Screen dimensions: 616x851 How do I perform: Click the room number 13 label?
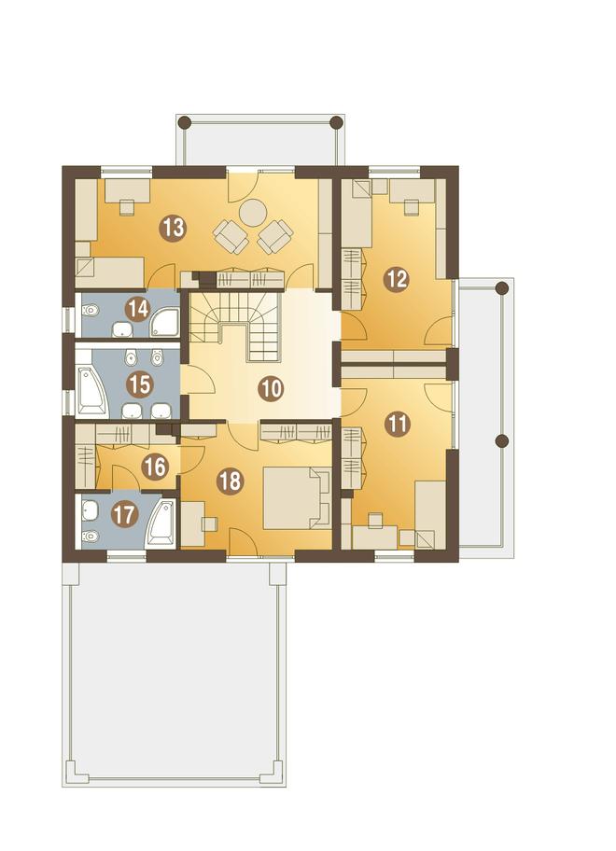click(x=173, y=228)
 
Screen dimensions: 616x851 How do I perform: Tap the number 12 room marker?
click(x=397, y=280)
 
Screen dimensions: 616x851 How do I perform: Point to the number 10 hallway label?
click(x=271, y=388)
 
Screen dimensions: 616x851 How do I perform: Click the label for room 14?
click(x=137, y=310)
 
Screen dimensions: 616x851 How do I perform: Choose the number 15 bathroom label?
click(x=139, y=384)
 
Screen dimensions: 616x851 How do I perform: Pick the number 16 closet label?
click(x=155, y=467)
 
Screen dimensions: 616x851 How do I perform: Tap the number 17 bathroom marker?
click(x=124, y=514)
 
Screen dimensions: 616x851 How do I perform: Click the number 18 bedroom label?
click(x=231, y=481)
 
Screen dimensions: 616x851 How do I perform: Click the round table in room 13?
click(x=253, y=212)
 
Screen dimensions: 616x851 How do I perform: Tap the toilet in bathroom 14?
click(x=90, y=312)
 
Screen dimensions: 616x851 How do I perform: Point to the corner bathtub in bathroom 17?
click(x=161, y=523)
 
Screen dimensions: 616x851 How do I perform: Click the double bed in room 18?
click(x=297, y=497)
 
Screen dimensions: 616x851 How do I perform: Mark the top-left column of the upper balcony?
click(x=186, y=121)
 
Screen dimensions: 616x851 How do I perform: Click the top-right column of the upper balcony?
click(x=337, y=121)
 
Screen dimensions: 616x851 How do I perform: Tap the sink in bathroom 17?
click(x=90, y=509)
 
